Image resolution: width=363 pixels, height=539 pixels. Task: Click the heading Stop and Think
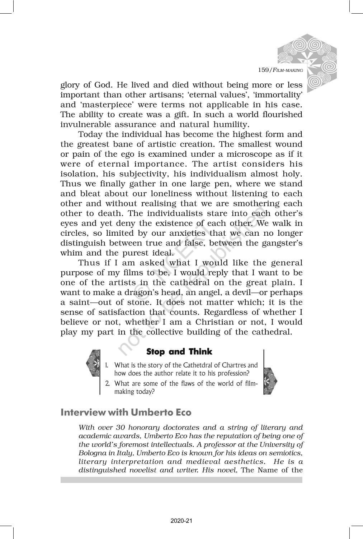tap(179, 351)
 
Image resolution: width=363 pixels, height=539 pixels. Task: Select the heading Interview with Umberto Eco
tap(126, 412)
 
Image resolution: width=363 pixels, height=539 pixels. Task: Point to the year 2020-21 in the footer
tap(181, 521)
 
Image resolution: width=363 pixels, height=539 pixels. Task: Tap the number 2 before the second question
tap(108, 383)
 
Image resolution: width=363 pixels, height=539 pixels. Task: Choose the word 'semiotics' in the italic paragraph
tap(286, 453)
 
